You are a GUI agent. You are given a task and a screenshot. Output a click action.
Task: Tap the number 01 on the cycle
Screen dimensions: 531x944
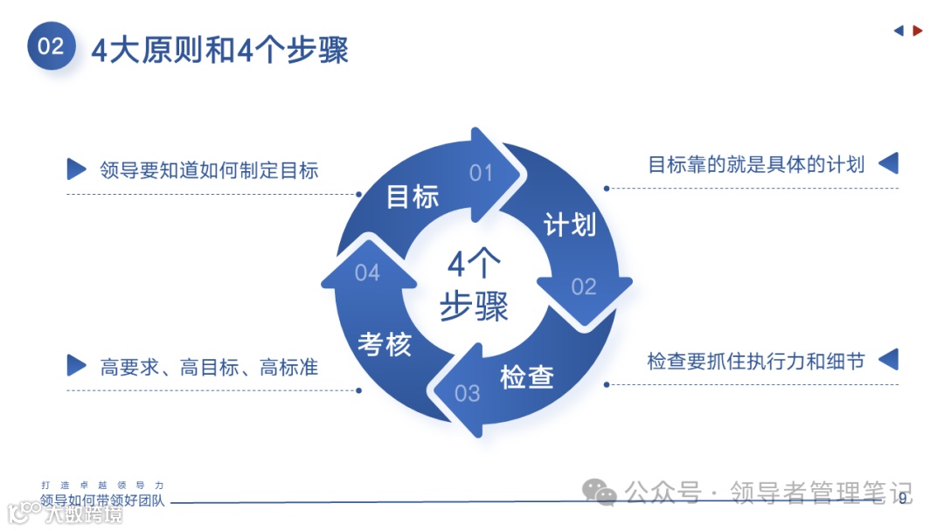[482, 173]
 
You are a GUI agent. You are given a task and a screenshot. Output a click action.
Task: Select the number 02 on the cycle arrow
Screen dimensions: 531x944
[584, 286]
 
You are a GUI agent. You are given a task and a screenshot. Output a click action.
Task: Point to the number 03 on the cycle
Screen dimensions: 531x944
[468, 393]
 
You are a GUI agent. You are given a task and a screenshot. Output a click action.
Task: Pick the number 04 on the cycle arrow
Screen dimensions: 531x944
[367, 273]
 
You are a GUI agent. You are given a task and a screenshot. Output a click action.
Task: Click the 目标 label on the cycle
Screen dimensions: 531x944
[413, 197]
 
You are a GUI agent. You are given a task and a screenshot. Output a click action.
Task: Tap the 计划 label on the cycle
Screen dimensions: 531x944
[570, 224]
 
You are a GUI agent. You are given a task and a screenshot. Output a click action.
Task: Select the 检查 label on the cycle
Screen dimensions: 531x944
[527, 376]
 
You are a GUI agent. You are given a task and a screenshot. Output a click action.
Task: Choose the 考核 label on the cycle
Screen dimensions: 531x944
[385, 344]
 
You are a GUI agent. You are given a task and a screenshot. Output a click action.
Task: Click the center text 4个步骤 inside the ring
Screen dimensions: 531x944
[474, 286]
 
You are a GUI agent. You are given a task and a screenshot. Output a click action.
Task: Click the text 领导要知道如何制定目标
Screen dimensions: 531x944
[209, 169]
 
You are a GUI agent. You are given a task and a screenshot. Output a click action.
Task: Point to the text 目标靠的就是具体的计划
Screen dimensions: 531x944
[756, 164]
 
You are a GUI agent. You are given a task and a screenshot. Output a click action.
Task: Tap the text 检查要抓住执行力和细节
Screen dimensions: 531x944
[755, 361]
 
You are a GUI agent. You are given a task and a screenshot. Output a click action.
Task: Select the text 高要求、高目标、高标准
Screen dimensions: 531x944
[209, 367]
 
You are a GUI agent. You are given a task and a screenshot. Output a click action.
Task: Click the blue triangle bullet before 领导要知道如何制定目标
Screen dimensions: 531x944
[77, 169]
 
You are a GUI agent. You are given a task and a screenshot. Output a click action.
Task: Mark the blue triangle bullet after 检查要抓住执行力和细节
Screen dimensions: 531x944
[888, 359]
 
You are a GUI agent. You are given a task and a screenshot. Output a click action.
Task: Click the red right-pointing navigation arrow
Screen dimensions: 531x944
[918, 31]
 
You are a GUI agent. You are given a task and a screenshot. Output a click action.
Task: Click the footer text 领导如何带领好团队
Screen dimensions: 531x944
[102, 501]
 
